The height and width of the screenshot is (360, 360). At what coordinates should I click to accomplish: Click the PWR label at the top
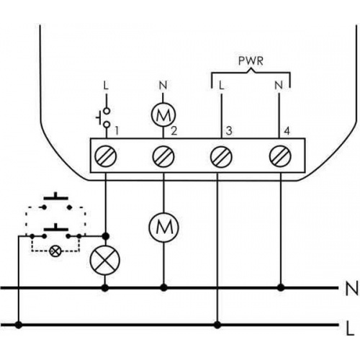pos(251,61)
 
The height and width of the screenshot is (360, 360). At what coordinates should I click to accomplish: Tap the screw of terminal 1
pos(106,156)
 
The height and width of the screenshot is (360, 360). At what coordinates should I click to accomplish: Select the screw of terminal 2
pos(163,156)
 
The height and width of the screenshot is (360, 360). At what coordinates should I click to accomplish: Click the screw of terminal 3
pos(221,156)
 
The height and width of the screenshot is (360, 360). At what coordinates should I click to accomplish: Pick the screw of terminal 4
pos(280,156)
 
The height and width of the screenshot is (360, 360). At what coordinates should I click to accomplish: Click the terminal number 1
pos(117,131)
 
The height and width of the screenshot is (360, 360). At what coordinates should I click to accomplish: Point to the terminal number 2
pos(174,131)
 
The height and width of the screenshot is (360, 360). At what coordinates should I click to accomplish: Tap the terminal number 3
pos(229,131)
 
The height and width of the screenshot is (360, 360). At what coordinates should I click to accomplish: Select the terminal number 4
pos(287,131)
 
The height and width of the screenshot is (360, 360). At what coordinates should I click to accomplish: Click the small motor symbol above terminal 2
pos(163,114)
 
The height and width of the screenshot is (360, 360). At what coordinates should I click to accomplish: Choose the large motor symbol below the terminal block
pos(163,227)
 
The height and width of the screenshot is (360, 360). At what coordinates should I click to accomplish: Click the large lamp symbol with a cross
pos(104,261)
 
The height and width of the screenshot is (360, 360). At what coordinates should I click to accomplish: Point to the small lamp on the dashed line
pos(55,251)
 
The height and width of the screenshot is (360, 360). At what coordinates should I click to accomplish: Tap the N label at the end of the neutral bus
pos(351,289)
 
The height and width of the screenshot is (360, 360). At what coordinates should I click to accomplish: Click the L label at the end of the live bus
pos(351,328)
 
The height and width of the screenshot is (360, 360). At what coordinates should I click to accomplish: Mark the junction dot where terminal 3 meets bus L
pos(217,325)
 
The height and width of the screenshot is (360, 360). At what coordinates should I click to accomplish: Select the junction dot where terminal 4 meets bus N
pos(281,287)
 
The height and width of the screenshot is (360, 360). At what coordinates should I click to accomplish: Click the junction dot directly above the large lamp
pos(105,236)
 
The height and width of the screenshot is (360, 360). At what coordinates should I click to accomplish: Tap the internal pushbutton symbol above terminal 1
pos(103,117)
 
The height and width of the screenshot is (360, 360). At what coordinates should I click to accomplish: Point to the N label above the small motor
pos(163,86)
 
